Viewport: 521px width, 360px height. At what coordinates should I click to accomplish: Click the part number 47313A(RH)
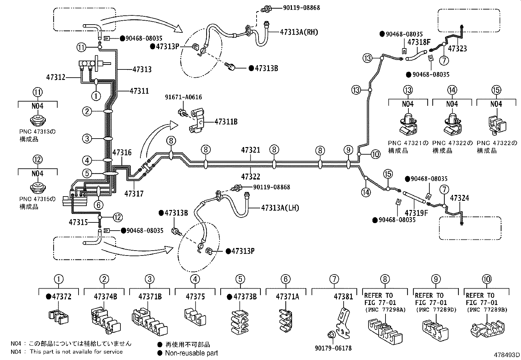tap(299, 32)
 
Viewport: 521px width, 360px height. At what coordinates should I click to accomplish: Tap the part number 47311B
tap(226, 122)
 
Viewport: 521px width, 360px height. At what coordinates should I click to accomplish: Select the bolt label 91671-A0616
tap(183, 97)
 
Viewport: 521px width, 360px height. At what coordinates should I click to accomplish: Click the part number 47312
tap(56, 77)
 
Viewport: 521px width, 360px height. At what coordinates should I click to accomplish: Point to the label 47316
tap(122, 152)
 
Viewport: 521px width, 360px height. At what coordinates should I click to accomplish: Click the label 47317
tap(134, 194)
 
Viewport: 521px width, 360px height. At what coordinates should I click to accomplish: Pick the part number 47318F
tap(419, 42)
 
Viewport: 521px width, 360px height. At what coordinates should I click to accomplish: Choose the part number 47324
tap(459, 198)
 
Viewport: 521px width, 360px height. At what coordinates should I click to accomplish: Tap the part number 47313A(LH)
tap(280, 208)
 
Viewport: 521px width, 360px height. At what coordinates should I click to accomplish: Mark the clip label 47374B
tap(105, 297)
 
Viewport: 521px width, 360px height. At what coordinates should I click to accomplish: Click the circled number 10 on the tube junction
tap(375, 154)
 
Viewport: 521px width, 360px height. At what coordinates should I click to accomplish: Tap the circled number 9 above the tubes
tap(349, 150)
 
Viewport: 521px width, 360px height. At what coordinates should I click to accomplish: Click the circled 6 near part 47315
tap(98, 205)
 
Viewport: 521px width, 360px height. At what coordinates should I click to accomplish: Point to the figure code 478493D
tap(507, 355)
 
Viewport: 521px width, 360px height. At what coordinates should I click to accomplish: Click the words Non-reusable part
tap(191, 353)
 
